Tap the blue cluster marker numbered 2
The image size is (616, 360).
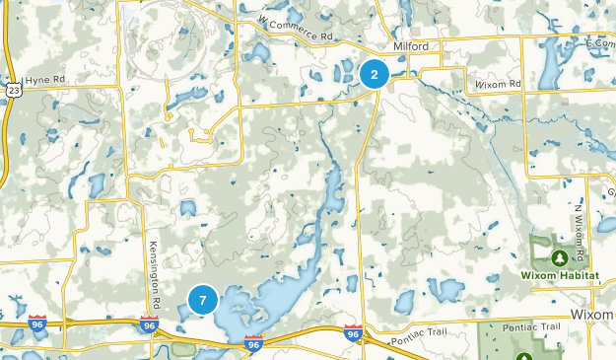375,74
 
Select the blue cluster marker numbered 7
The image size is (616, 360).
202,300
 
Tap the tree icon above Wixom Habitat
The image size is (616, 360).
559,257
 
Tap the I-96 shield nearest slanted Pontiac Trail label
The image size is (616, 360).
354,333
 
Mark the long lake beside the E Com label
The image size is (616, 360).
548,64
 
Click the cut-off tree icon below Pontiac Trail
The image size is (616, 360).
522,356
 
